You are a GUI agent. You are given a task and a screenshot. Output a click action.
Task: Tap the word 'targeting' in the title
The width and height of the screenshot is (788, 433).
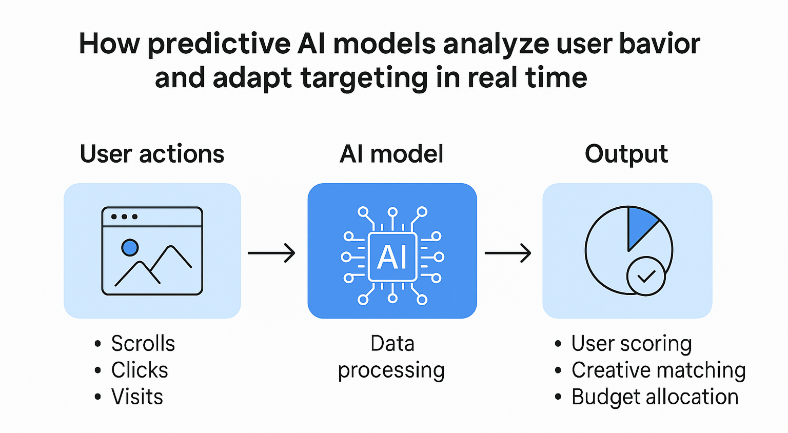[364, 78]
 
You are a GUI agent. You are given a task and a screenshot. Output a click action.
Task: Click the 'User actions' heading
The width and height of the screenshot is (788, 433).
[152, 154]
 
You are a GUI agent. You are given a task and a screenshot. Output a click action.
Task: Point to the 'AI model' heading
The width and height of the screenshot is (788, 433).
[391, 154]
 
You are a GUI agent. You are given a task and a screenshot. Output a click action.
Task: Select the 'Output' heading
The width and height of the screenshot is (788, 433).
[626, 154]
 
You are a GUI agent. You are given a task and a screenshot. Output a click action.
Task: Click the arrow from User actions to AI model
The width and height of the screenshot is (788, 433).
[271, 253]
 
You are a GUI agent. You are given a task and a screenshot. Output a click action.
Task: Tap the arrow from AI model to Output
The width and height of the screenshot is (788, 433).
[508, 253]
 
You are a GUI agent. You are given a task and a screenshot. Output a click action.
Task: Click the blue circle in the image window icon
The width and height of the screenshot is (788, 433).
[130, 248]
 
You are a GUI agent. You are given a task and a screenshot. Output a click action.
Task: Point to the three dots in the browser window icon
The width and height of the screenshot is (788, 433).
[124, 216]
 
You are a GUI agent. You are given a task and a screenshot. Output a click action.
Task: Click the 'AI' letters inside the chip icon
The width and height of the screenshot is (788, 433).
[392, 257]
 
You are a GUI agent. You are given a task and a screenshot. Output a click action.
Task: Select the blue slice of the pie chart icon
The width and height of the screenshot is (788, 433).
[640, 225]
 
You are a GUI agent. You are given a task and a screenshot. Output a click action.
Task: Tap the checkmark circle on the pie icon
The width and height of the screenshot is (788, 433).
[646, 276]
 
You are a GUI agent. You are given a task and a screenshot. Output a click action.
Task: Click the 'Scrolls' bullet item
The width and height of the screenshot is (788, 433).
[143, 344]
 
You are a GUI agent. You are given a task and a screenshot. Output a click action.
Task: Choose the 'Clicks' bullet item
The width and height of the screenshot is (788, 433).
[140, 370]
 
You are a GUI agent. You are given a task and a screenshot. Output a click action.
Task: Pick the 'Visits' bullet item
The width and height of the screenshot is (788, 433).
[137, 397]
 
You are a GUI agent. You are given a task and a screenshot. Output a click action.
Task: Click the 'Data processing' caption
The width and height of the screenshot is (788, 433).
[391, 357]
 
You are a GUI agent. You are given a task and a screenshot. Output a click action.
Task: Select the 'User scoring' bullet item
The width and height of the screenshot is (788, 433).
[632, 344]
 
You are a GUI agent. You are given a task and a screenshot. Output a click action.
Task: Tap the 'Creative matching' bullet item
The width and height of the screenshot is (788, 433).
[658, 370]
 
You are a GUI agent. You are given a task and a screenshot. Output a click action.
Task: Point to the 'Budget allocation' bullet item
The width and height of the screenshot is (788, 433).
[655, 397]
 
